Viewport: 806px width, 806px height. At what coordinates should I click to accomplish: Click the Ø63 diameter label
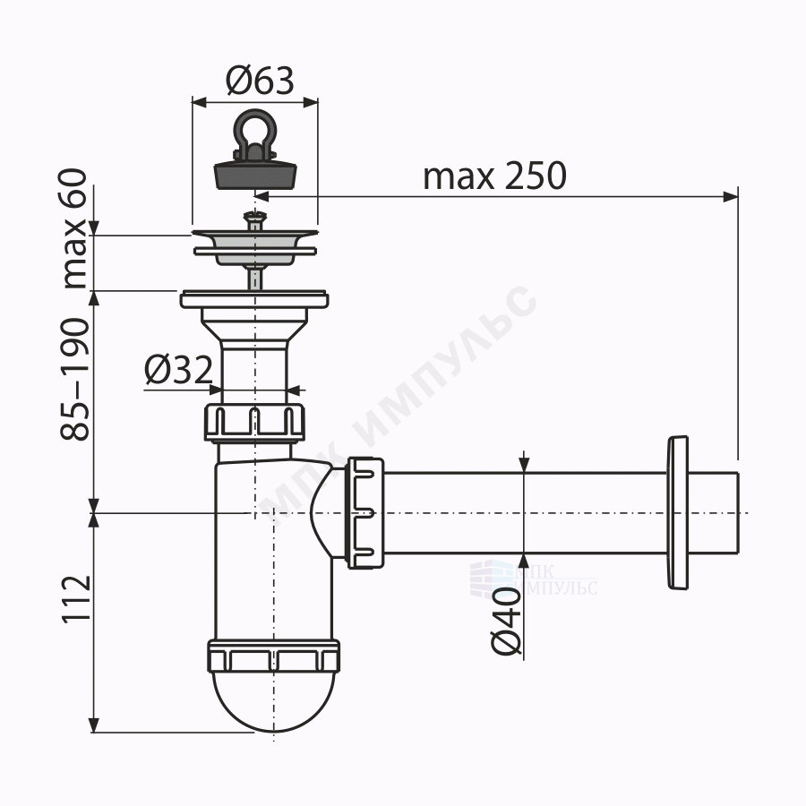260,81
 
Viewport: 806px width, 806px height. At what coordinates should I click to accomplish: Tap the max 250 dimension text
494,176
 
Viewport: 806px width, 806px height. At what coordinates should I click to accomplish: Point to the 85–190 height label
75,380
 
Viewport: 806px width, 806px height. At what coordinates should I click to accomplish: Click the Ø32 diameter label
178,370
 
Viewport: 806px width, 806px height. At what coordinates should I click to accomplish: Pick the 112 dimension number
76,599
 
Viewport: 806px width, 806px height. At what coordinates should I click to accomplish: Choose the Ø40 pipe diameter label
506,622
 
